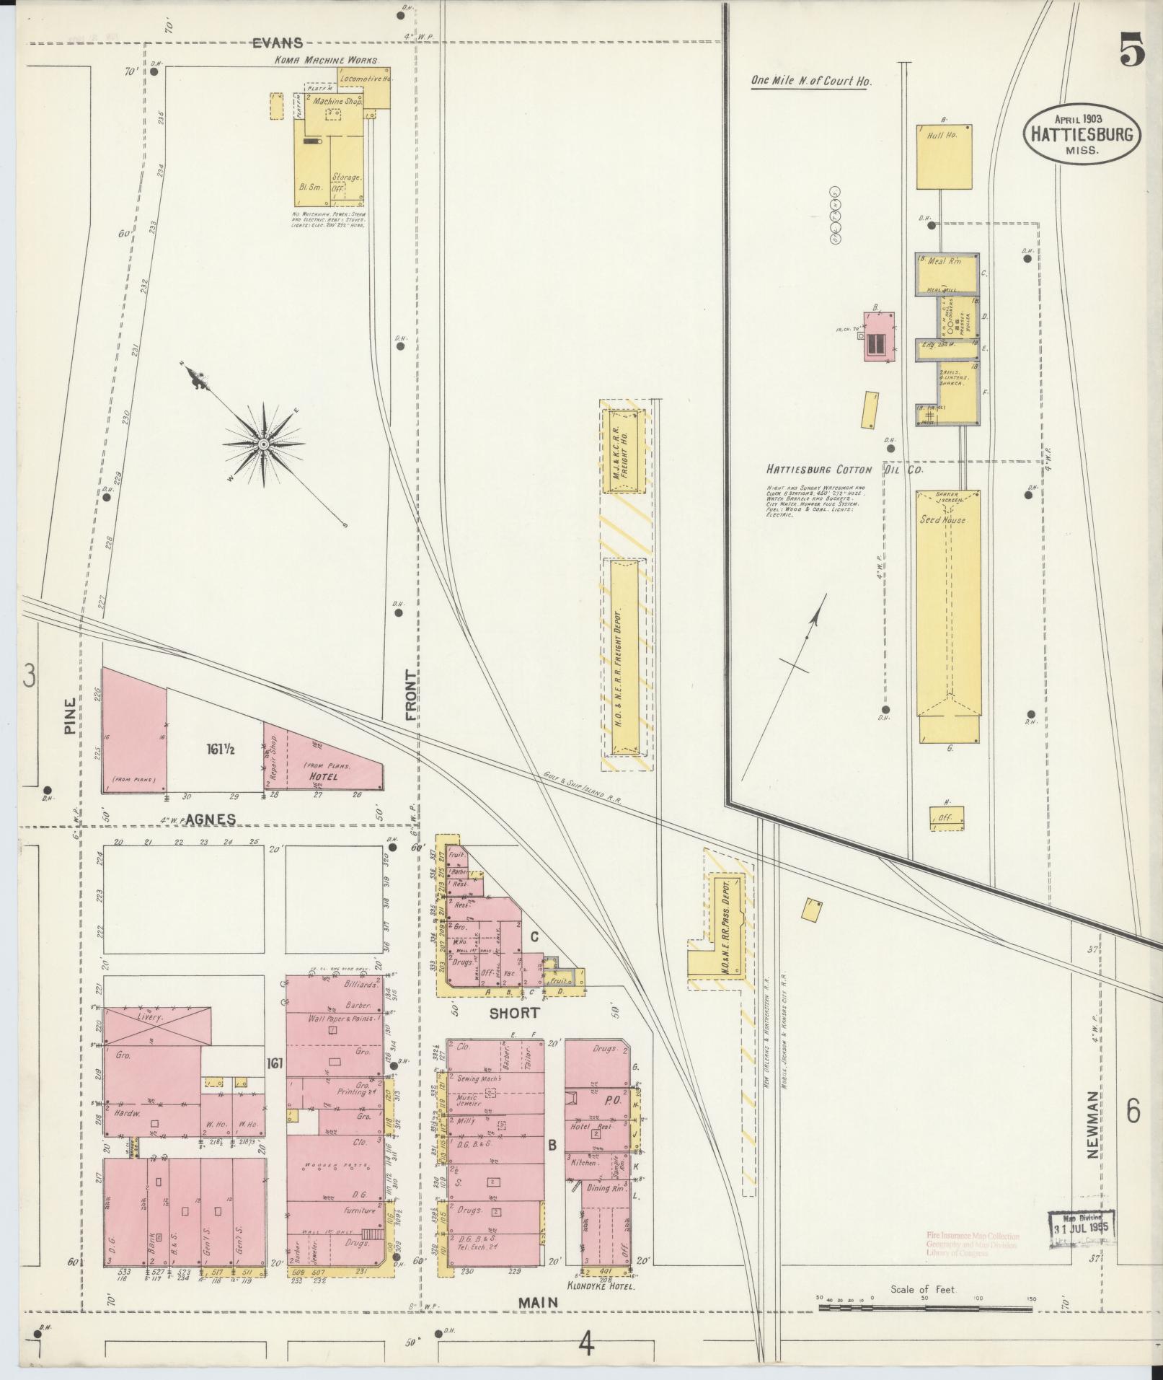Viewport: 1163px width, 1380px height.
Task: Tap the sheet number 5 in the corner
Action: (x=1132, y=53)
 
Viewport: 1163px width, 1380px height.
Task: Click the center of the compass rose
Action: (x=264, y=444)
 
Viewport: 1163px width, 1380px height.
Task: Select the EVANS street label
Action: (x=277, y=43)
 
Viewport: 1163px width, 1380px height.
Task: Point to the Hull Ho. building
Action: (x=944, y=157)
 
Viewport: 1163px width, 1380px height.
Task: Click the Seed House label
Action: (x=941, y=519)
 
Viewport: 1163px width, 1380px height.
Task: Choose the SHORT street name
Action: (x=514, y=1012)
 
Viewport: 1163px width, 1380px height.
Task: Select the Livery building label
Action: (x=150, y=1016)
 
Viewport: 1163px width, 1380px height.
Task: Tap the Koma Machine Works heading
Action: (x=326, y=61)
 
